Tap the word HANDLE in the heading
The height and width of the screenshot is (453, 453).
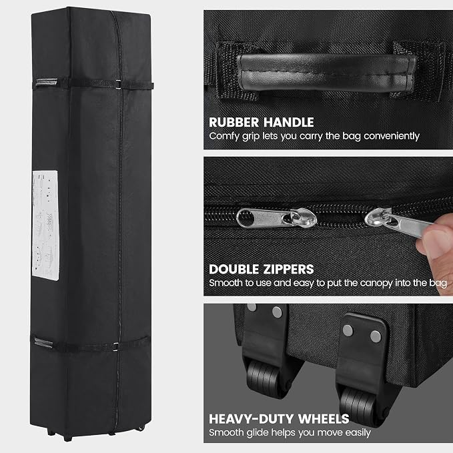289,122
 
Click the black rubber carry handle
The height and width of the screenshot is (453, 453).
326,72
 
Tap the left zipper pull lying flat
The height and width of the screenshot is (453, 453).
276,218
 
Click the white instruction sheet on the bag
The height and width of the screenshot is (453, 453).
45,225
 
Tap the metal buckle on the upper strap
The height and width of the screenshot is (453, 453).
118,85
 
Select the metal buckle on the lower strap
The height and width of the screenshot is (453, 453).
116,347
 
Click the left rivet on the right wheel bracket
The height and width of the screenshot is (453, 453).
348,330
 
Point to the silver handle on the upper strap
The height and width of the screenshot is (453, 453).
46,83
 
